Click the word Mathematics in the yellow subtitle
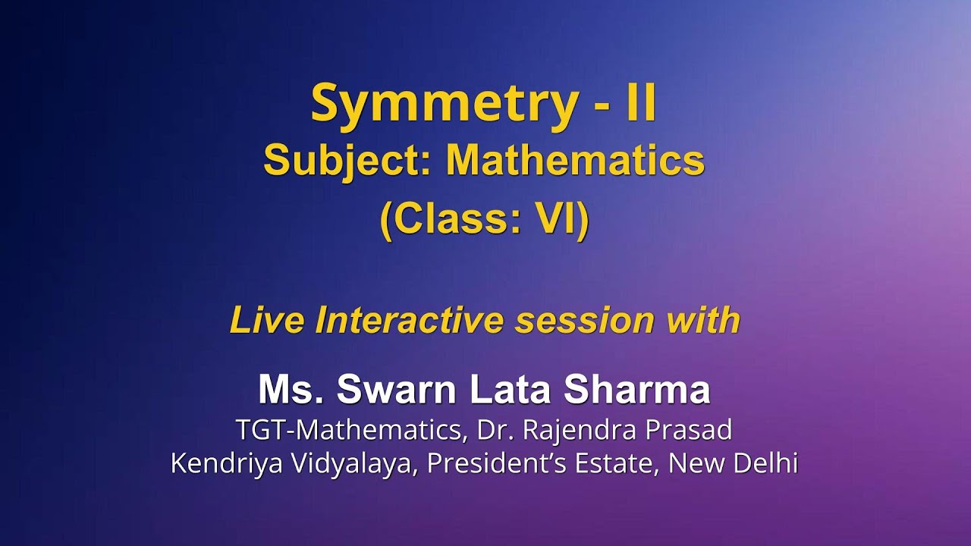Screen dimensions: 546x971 (575, 162)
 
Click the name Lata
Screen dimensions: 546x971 (510, 390)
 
